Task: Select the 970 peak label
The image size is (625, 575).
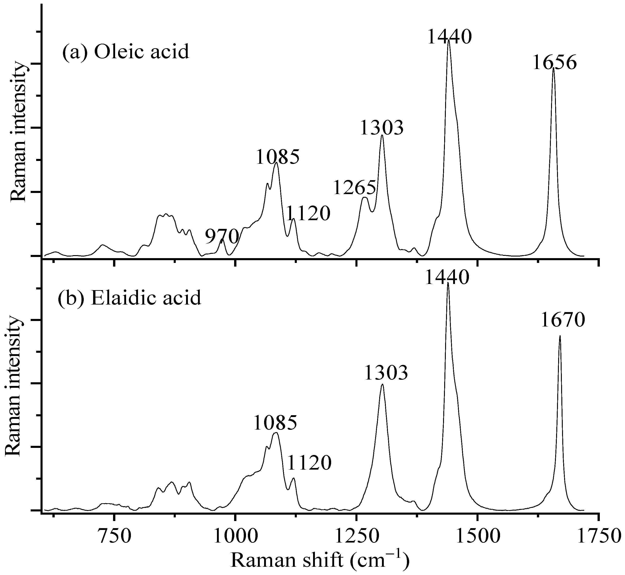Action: (x=222, y=237)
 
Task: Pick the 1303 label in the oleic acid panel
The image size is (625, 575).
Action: (x=382, y=128)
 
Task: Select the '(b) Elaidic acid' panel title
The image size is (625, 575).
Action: (x=130, y=298)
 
